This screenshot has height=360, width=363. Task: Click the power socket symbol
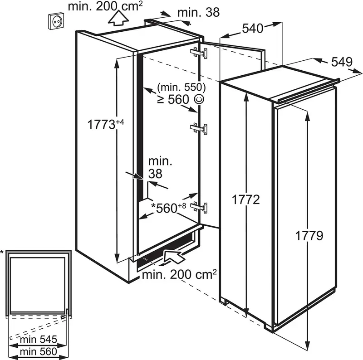[x=56, y=21]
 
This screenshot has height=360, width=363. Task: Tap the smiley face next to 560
[x=200, y=99]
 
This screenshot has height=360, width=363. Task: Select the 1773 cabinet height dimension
[x=106, y=124]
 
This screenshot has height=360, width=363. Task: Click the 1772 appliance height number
[x=245, y=199]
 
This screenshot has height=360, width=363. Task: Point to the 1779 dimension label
[x=309, y=236]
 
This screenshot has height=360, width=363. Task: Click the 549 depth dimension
[x=342, y=62]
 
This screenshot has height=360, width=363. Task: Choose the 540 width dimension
[x=253, y=29]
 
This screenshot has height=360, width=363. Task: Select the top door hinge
[x=198, y=53]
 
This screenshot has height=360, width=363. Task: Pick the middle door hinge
[x=198, y=128]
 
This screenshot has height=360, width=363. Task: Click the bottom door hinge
[x=198, y=207]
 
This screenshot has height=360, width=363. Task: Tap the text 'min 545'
[x=39, y=340]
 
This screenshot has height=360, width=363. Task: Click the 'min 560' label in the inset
[x=39, y=352]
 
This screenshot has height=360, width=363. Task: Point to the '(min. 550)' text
[x=181, y=87]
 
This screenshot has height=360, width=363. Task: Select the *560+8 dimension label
[x=168, y=208]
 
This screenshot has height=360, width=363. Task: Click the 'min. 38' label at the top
[x=198, y=12]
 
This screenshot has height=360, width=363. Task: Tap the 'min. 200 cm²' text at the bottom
[x=179, y=274]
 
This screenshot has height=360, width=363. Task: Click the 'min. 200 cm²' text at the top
[x=105, y=6]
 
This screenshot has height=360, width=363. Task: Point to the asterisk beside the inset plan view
[x=2, y=252]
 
